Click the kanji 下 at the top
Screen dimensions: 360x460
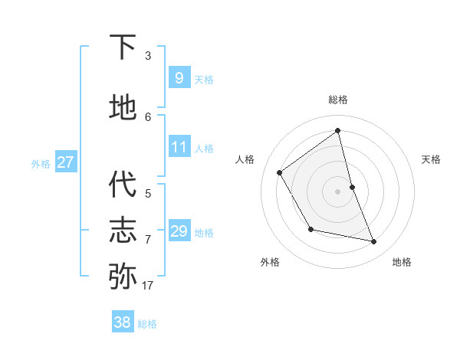point(123,47)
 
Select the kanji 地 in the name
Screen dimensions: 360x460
point(123,106)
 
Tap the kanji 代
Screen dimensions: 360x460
point(123,184)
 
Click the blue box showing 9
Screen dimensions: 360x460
point(179,77)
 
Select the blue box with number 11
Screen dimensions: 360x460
point(179,147)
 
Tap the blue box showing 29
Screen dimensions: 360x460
point(179,231)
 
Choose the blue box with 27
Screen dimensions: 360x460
point(65,162)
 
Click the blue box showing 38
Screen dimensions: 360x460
point(123,322)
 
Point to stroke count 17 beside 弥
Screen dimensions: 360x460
point(147,286)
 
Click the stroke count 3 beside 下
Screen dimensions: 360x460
point(148,56)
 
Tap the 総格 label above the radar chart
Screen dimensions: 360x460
point(338,100)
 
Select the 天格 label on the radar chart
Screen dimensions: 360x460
point(431,159)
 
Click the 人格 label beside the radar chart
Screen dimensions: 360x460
point(245,159)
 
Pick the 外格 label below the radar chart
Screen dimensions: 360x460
point(270,262)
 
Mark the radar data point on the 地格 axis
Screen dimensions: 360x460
point(374,242)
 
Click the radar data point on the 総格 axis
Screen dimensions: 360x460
point(338,131)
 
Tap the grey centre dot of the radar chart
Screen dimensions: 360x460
point(338,191)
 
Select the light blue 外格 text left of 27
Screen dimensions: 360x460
point(40,163)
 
